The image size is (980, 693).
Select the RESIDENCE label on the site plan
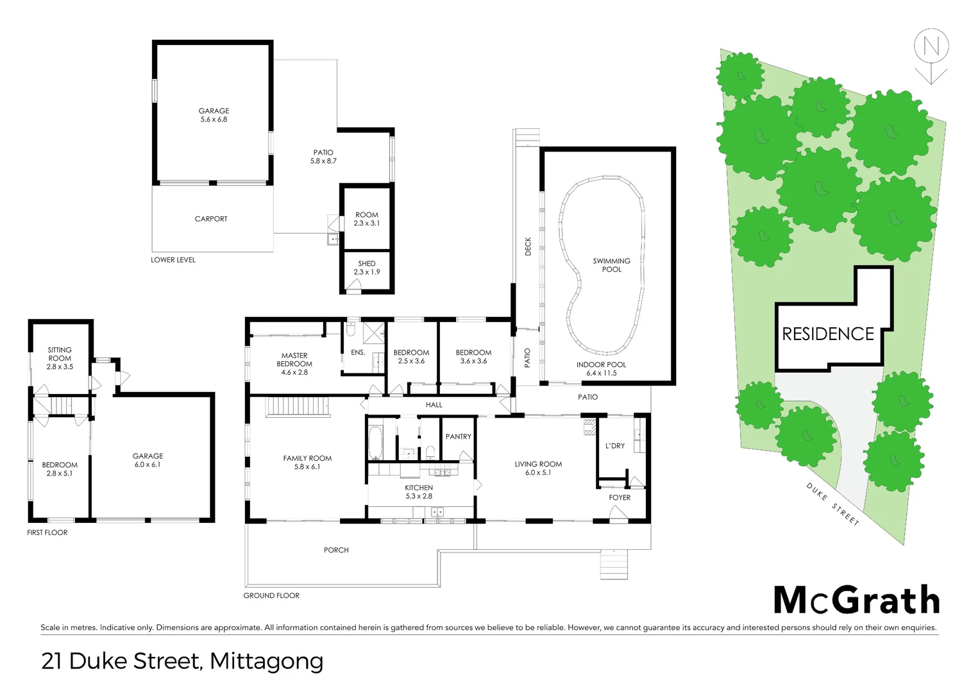click(x=828, y=334)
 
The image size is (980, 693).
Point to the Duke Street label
click(x=832, y=504)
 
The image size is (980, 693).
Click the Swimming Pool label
click(x=611, y=265)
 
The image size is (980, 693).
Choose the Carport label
click(x=211, y=219)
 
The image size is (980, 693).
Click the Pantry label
click(x=458, y=437)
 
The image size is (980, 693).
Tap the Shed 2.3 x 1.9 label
click(x=367, y=268)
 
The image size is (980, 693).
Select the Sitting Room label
click(x=60, y=358)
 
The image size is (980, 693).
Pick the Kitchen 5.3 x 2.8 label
click(x=419, y=492)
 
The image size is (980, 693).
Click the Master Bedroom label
click(x=294, y=364)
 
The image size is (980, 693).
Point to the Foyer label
click(x=620, y=498)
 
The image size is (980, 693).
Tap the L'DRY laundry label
click(x=614, y=446)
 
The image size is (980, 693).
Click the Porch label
click(x=336, y=550)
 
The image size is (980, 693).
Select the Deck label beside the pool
click(x=528, y=246)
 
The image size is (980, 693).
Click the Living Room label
click(x=538, y=468)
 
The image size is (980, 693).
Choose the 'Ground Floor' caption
click(x=271, y=595)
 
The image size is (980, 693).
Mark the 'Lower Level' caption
click(x=173, y=260)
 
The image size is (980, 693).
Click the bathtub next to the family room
click(x=375, y=442)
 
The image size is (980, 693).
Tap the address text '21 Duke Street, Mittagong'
click(x=182, y=661)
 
